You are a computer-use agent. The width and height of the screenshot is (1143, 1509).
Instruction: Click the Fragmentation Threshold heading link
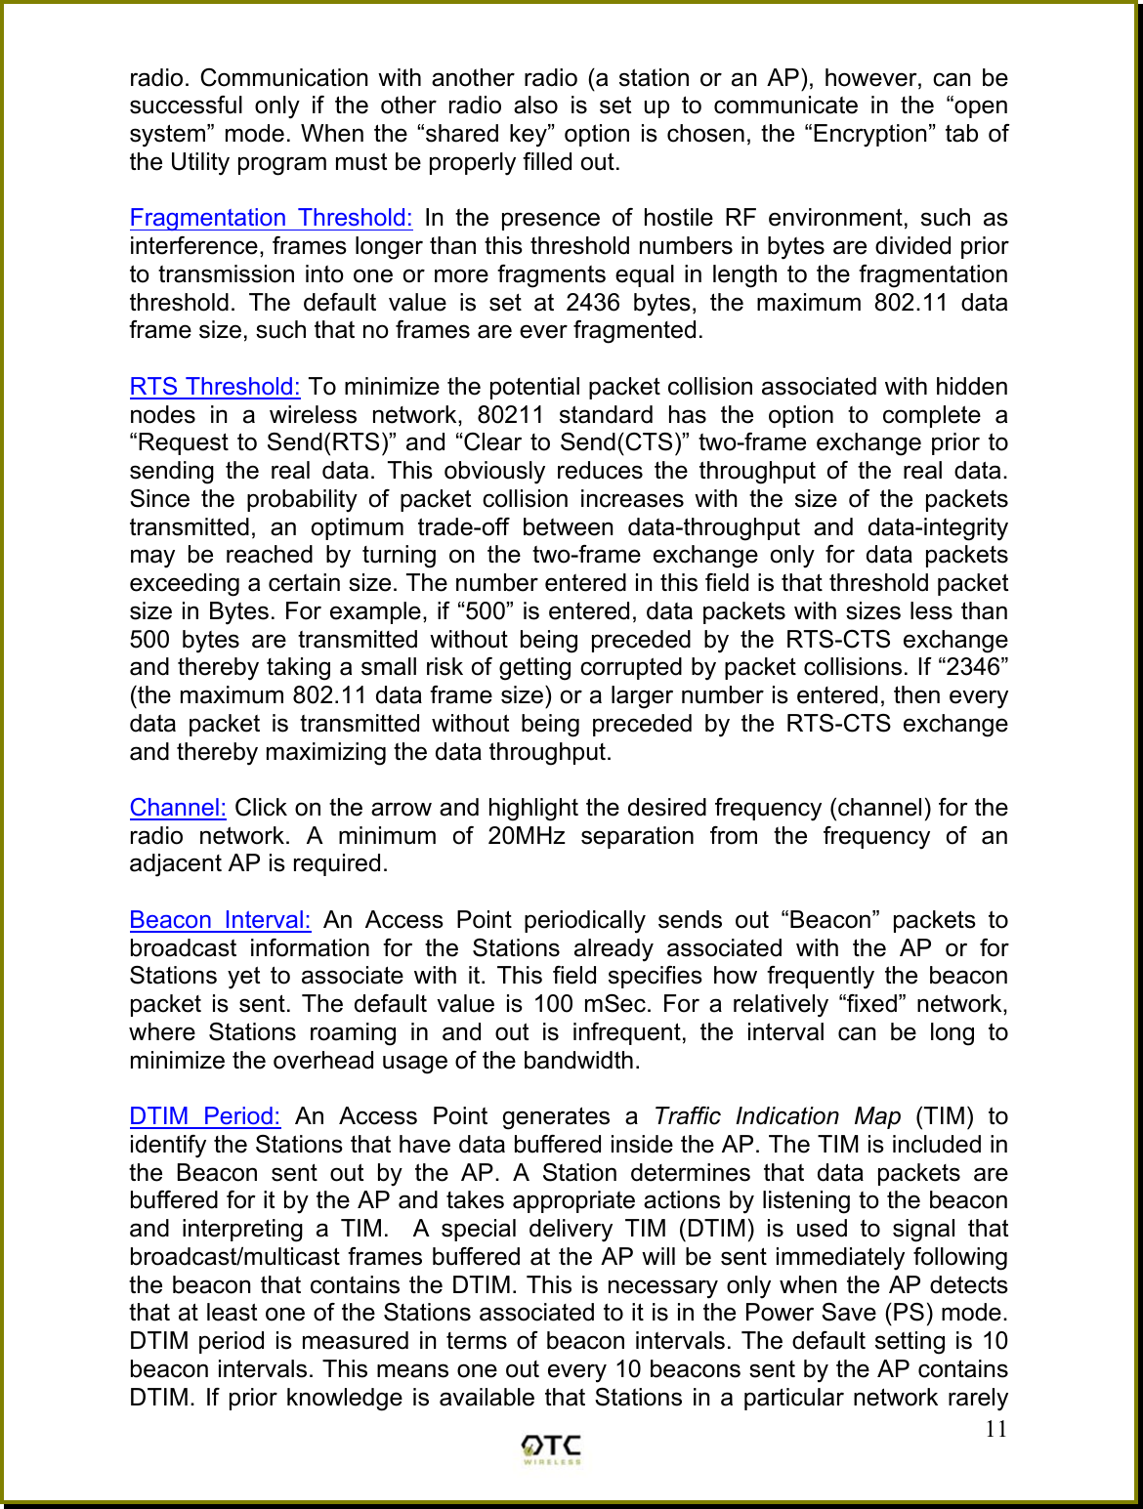click(x=271, y=218)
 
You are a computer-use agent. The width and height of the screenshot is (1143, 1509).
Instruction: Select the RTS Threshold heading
click(x=215, y=387)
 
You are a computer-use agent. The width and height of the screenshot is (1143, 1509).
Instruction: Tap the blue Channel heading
click(x=178, y=808)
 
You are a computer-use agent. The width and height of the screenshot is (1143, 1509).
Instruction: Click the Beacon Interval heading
click(x=220, y=920)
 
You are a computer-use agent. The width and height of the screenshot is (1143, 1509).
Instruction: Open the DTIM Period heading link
click(x=205, y=1116)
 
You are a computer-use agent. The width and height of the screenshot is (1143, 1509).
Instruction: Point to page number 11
click(x=995, y=1430)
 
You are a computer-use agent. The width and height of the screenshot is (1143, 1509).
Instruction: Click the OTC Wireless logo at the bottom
click(x=551, y=1448)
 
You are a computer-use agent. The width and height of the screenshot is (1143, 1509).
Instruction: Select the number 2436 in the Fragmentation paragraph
click(x=592, y=303)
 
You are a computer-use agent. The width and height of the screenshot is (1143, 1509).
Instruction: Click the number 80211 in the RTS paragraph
click(x=510, y=415)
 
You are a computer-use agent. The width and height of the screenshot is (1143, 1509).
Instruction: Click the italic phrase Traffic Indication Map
click(x=778, y=1116)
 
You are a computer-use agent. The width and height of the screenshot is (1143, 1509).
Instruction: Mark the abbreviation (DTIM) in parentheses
click(x=716, y=1229)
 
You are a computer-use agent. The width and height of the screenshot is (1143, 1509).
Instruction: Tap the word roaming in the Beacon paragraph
click(x=353, y=1032)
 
